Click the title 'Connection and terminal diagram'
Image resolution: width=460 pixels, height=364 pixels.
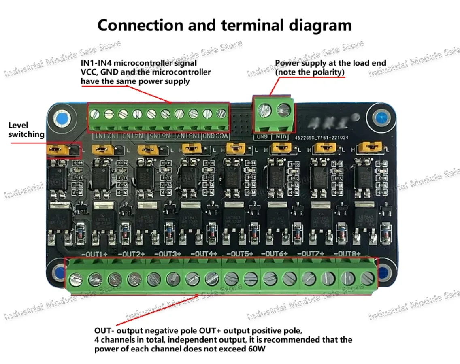(x=224, y=25)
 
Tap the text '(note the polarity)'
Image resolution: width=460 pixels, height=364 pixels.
(x=310, y=72)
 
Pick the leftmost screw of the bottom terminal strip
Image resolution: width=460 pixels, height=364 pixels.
(x=75, y=279)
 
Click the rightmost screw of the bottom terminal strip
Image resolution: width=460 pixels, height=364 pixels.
(x=367, y=278)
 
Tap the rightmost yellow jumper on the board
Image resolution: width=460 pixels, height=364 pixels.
(x=371, y=147)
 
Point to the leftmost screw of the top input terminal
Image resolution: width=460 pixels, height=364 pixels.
(x=95, y=115)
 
